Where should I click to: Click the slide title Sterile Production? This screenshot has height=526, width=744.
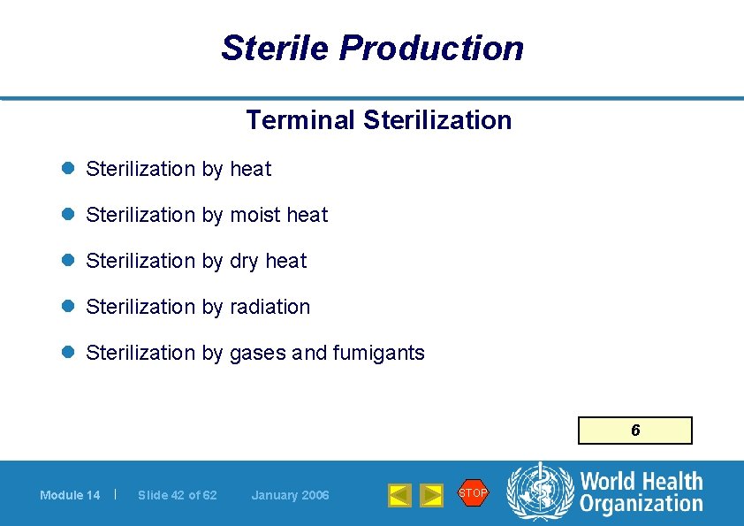[x=372, y=48]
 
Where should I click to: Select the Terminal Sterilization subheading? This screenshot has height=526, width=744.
[x=378, y=120]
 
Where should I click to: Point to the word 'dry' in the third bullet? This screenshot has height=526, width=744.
[x=244, y=261]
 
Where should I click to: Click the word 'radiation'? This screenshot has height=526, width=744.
[x=270, y=307]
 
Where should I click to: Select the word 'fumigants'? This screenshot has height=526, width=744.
[x=378, y=353]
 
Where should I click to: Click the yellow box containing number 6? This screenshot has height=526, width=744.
[x=634, y=431]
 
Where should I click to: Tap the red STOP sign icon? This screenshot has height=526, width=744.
[x=473, y=492]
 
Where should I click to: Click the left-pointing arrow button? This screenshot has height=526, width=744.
[x=399, y=495]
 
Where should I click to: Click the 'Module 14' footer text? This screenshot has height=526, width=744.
[x=70, y=495]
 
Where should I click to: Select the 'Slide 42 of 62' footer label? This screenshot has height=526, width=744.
[x=177, y=495]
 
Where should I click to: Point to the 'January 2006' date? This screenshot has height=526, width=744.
[x=290, y=495]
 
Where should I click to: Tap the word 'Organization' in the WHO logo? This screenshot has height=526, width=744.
[x=641, y=505]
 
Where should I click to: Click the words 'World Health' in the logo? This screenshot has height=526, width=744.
[x=641, y=482]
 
